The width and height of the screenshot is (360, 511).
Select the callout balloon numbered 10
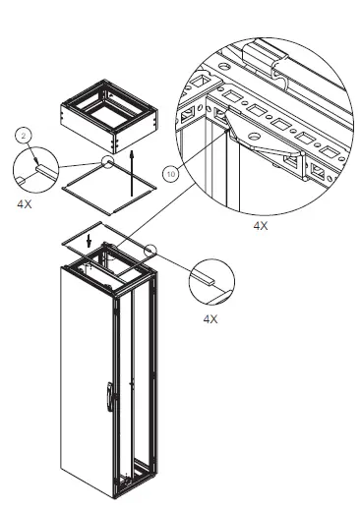pyautogui.click(x=172, y=176)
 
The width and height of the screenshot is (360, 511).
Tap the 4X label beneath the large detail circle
pyautogui.click(x=261, y=225)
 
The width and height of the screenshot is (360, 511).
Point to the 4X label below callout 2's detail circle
pyautogui.click(x=26, y=205)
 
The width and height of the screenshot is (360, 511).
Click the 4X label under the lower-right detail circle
pyautogui.click(x=210, y=319)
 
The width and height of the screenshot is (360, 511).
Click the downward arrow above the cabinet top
pyautogui.click(x=89, y=240)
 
